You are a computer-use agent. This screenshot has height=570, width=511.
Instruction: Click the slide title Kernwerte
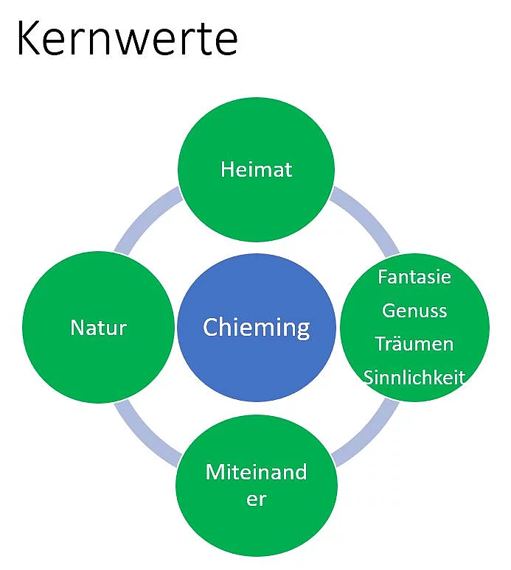click(127, 38)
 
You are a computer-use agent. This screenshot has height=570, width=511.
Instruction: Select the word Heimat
click(256, 169)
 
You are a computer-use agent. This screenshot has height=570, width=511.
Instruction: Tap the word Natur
click(98, 327)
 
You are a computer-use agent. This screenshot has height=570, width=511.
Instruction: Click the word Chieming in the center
click(256, 327)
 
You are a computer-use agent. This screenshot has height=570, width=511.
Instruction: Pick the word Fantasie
click(414, 278)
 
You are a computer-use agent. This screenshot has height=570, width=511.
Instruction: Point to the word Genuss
click(414, 311)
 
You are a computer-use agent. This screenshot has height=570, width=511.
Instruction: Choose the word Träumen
click(414, 344)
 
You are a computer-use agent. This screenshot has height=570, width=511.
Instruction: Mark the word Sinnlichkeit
click(414, 378)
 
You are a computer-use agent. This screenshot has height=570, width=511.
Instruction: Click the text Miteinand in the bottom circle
click(256, 472)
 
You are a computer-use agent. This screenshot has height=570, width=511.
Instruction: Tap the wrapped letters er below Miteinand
click(256, 499)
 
